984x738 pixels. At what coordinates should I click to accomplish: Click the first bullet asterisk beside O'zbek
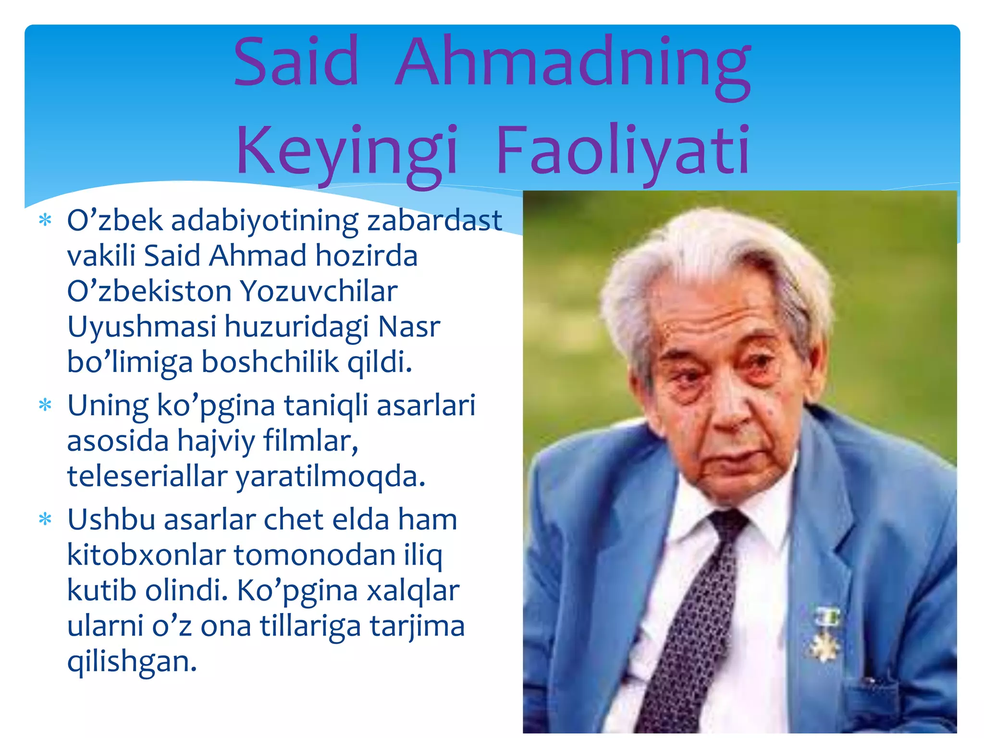[x=45, y=221]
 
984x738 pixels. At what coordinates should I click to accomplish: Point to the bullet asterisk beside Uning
[x=45, y=406]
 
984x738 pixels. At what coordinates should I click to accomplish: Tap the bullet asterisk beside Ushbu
[x=45, y=520]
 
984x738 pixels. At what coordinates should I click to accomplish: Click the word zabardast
[x=434, y=221]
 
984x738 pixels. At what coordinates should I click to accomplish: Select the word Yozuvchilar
[x=319, y=291]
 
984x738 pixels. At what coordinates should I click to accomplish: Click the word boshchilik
[x=270, y=362]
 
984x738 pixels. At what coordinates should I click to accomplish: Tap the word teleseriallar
[x=147, y=477]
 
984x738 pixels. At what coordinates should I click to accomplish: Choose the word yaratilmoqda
[x=330, y=477]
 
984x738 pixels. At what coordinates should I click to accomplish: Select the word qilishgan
[x=132, y=662]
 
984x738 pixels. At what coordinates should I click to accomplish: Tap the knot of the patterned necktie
[x=728, y=526]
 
